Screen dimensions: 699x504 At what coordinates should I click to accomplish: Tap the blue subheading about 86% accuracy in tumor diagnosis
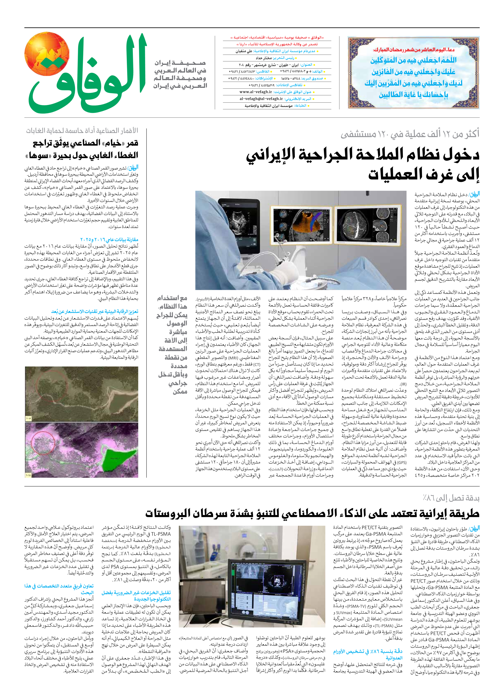point(368,654)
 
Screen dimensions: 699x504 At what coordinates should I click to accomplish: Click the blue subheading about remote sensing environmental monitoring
point(95,312)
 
